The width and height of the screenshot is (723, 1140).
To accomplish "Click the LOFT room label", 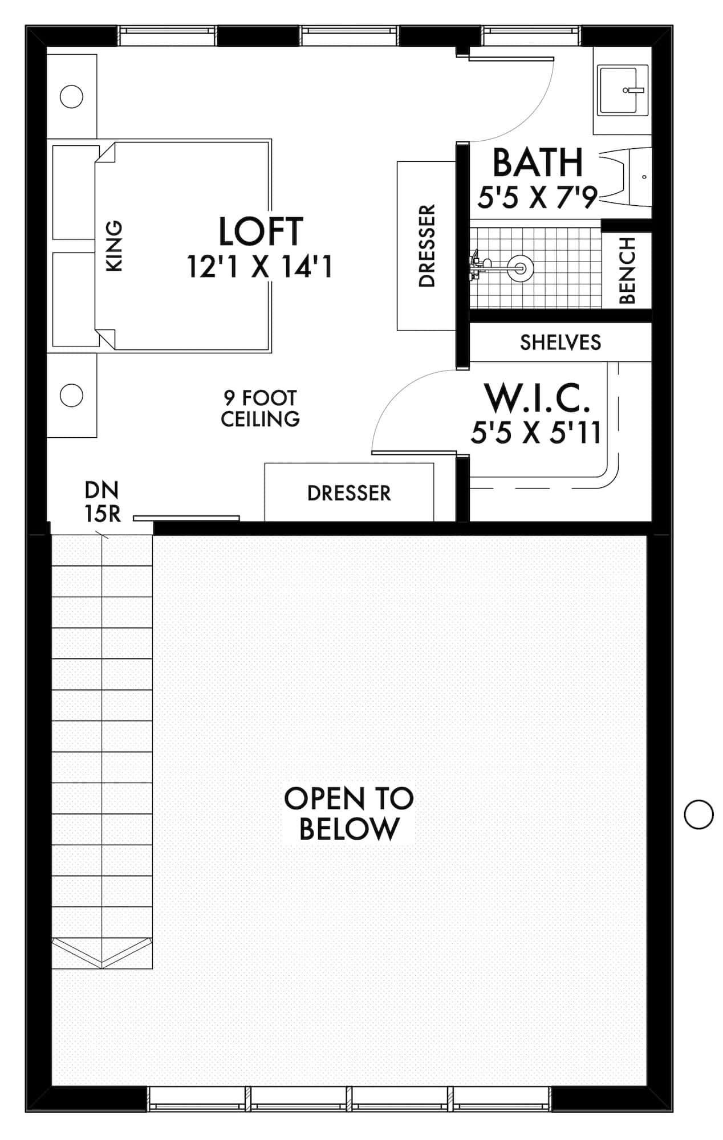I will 261,231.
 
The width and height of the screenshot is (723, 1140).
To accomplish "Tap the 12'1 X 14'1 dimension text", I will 260,266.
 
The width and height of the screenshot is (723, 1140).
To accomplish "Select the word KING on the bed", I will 115,246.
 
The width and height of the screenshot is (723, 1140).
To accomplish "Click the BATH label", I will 538,163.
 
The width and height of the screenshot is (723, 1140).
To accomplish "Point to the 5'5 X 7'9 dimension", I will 537,197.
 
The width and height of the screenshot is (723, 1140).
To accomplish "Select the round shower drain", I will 521,266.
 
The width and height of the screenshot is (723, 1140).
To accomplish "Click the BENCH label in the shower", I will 627,271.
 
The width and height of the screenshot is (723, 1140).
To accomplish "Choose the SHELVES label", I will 560,343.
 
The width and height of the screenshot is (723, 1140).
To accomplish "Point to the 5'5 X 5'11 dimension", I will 536,433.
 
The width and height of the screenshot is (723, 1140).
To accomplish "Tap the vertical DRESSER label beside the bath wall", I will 427,246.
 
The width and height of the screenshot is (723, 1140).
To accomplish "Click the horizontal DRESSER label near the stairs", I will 349,493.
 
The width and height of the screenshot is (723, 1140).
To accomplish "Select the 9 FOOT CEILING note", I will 260,408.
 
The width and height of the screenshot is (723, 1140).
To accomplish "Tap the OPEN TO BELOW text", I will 349,813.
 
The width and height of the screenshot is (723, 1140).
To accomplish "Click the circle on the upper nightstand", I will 72,96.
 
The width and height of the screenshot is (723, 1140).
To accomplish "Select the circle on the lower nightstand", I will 72,395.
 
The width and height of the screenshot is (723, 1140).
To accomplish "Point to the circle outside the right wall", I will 698,814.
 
